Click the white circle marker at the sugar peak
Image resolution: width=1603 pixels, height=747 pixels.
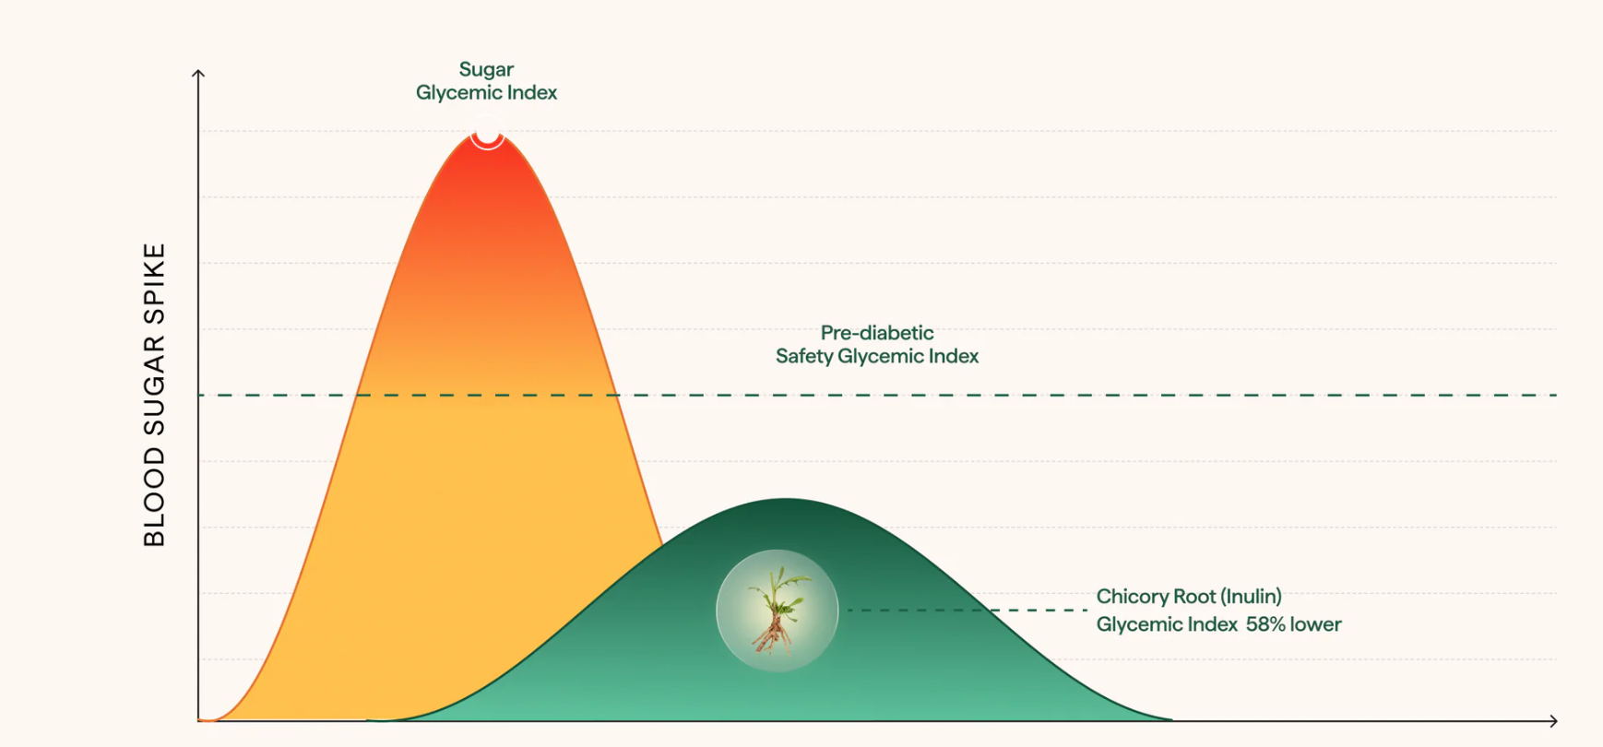pyautogui.click(x=487, y=134)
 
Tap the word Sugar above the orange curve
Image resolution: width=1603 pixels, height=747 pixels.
pyautogui.click(x=486, y=69)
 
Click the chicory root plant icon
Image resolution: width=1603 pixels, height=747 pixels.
pyautogui.click(x=777, y=611)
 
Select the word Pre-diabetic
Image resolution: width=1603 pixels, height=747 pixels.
pyautogui.click(x=876, y=333)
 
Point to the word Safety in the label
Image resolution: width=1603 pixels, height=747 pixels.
pyautogui.click(x=804, y=356)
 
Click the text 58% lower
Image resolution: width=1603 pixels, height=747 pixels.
pyautogui.click(x=1293, y=624)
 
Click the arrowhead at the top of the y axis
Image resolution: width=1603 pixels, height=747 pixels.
pyautogui.click(x=198, y=74)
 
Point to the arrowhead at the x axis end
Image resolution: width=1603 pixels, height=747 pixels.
pyautogui.click(x=1553, y=721)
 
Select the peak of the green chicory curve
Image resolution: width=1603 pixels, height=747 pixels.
pyautogui.click(x=786, y=499)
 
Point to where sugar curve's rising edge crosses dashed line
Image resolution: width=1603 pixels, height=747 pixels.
pyautogui.click(x=357, y=395)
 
